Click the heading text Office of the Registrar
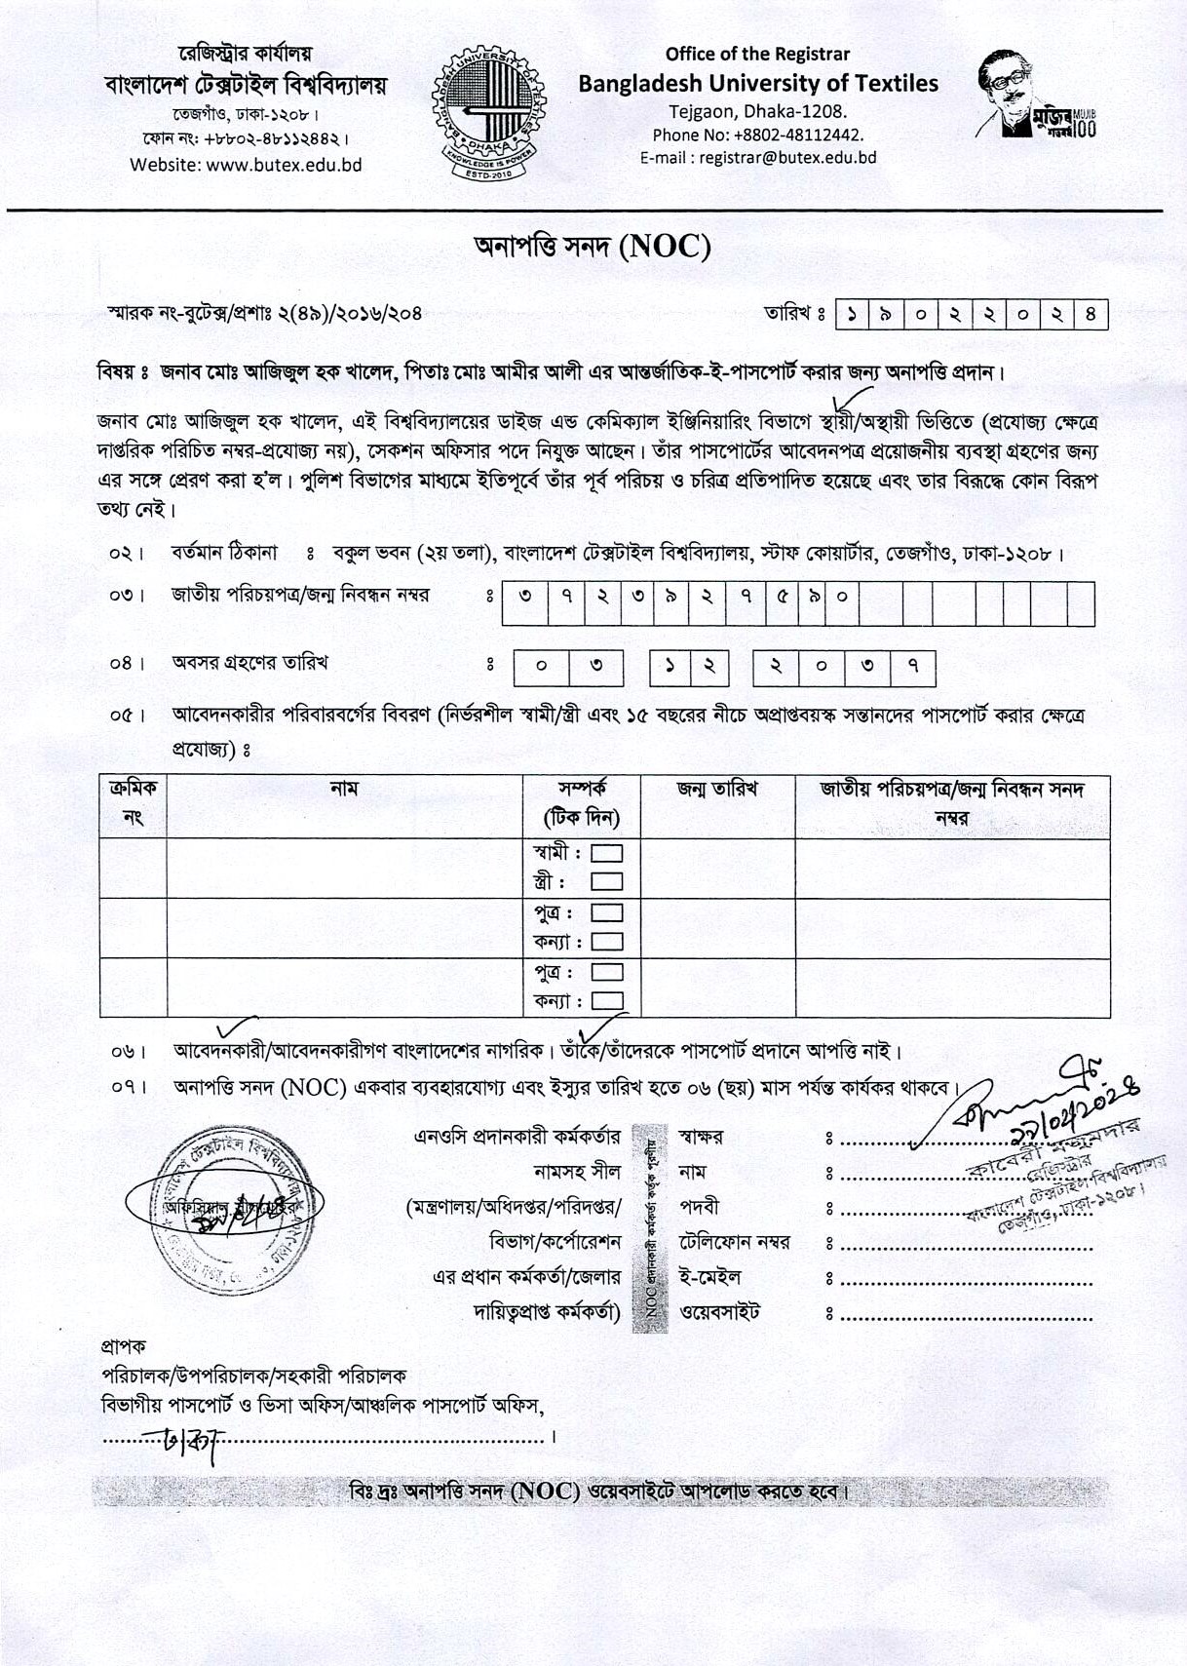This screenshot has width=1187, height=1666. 757,54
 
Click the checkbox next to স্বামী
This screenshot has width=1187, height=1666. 608,853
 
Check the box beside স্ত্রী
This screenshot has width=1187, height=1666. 608,882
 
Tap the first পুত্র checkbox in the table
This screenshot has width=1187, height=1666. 608,913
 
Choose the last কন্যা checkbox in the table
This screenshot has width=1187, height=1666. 608,1001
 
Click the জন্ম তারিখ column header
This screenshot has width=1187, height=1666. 717,789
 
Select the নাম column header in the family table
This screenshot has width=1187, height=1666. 344,789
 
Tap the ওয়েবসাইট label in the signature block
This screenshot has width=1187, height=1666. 719,1312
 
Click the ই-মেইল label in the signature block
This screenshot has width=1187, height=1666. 710,1277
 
